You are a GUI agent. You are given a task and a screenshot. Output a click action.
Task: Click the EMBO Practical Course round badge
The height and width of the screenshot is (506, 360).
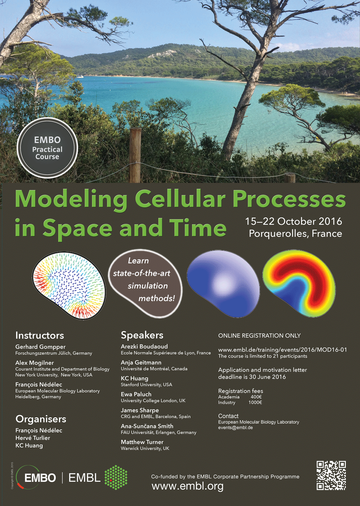point(47,148)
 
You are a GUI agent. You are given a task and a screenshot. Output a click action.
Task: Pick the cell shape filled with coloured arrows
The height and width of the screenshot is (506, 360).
point(69,286)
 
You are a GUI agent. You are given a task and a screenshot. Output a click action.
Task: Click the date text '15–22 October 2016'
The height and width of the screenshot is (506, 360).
point(294,222)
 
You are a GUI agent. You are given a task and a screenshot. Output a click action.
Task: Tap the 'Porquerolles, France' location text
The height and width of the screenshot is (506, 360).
point(295,233)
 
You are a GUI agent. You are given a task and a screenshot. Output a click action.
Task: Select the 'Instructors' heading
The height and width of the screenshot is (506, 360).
point(39,335)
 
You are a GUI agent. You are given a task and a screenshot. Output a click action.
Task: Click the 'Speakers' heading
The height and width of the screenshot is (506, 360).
point(142,335)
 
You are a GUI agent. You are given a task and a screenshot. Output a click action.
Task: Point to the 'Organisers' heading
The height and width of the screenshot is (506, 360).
point(41,419)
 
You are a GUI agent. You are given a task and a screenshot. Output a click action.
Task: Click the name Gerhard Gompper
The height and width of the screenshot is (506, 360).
point(40,347)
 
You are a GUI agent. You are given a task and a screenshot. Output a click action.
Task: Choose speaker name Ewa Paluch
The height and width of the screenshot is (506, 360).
point(136,395)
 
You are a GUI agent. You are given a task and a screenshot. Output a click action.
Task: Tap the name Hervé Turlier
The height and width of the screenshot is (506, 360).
point(33,438)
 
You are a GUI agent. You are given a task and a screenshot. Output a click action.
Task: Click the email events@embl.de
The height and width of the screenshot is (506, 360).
point(235,428)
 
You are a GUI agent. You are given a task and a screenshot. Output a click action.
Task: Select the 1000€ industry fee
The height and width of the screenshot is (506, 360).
point(255,402)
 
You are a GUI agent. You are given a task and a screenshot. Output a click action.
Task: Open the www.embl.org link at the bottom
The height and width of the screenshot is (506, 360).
point(187,486)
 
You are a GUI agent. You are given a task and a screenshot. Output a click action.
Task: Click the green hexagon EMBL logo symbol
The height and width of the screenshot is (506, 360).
point(116,477)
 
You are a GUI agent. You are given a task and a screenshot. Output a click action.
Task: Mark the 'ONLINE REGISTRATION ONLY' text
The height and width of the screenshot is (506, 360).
point(259,336)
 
